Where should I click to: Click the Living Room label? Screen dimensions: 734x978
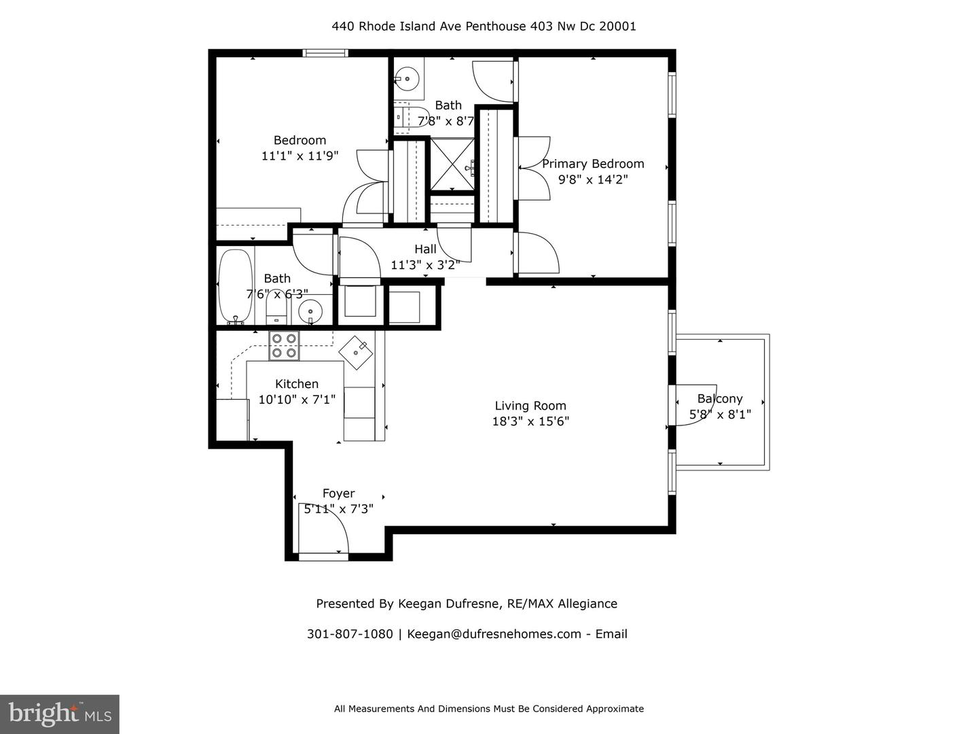tap(530, 406)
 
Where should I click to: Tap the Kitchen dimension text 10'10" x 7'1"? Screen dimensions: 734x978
tap(297, 400)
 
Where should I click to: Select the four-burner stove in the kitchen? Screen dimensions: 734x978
tap(284, 345)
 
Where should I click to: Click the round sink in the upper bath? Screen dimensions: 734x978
tap(407, 79)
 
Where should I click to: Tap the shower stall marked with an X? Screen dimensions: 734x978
tap(452, 163)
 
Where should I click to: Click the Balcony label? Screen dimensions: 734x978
tap(720, 399)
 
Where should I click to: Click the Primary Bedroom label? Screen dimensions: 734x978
tap(593, 164)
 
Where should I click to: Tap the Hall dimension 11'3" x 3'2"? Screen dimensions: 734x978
tap(425, 264)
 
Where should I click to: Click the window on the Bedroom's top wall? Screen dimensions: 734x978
tap(325, 53)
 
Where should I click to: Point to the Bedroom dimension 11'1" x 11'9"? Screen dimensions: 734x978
tap(300, 156)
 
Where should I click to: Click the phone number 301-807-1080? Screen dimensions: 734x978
tap(350, 634)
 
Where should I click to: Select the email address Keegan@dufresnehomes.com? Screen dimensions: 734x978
tap(494, 634)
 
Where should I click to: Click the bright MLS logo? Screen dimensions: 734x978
tap(60, 714)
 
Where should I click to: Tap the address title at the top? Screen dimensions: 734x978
tap(484, 27)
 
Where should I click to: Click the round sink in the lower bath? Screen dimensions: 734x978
tap(311, 312)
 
